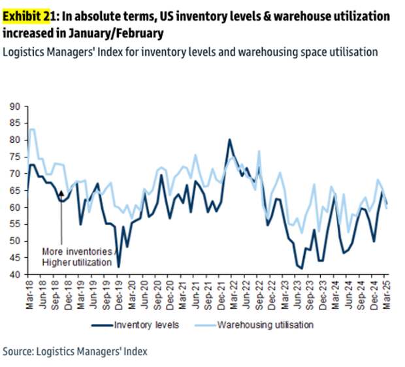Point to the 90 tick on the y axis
click(x=15, y=106)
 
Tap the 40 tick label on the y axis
click(x=15, y=275)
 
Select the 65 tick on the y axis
click(x=15, y=190)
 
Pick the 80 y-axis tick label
click(x=15, y=140)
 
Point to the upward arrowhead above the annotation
click(x=61, y=192)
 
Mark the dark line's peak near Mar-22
click(x=229, y=139)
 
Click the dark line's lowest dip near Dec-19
click(x=118, y=266)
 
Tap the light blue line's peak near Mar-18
click(x=31, y=129)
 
